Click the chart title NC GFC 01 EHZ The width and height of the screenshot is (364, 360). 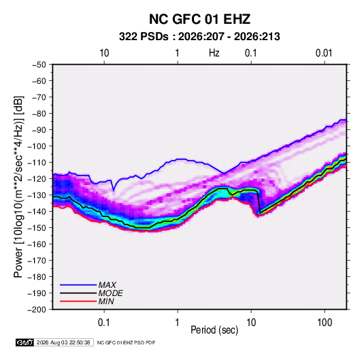tap(199, 19)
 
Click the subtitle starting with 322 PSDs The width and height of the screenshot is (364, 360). tap(199, 37)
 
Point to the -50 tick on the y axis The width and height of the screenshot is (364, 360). tap(39, 65)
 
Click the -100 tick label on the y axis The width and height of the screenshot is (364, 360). tap(37, 146)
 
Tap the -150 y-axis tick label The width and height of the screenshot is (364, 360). tap(37, 228)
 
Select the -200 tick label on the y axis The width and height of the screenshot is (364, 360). tap(37, 310)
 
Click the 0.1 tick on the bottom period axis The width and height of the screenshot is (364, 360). tap(104, 323)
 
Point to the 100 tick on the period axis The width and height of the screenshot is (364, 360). tap(325, 323)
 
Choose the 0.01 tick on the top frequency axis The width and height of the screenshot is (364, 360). tap(324, 53)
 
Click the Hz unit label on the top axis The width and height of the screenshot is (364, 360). tap(214, 53)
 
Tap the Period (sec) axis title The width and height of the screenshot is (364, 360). tap(214, 330)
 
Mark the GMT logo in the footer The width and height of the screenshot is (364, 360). tap(25, 342)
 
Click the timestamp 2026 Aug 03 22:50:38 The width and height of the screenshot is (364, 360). tap(63, 342)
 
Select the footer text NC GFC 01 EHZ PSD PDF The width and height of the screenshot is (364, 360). tap(126, 343)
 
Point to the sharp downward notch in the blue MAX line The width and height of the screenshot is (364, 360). tap(114, 191)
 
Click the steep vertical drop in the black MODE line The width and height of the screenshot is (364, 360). tap(259, 202)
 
